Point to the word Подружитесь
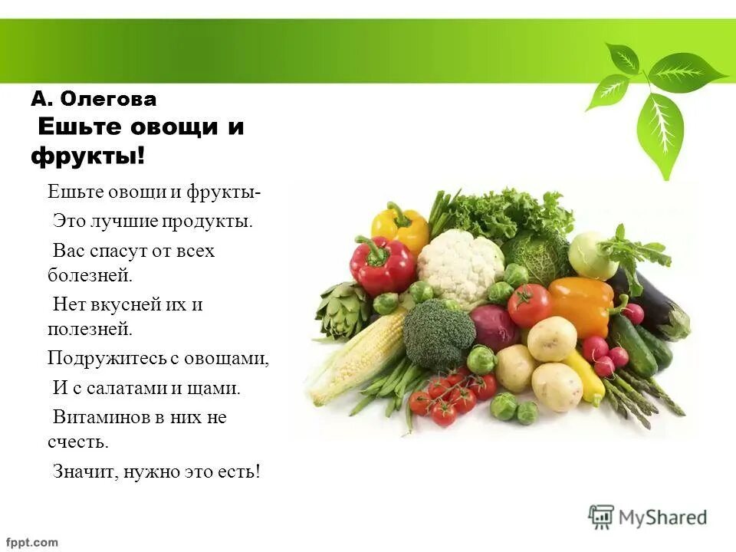99,358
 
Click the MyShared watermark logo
647,517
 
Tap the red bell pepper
381,264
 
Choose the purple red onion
495,326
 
